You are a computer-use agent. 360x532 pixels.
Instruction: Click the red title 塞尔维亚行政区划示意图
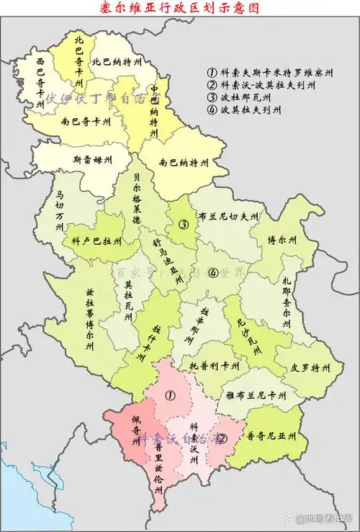tap(180, 8)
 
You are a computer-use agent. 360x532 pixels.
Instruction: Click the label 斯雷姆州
tap(93, 159)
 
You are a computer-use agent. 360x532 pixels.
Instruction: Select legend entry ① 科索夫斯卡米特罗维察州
tap(269, 73)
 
